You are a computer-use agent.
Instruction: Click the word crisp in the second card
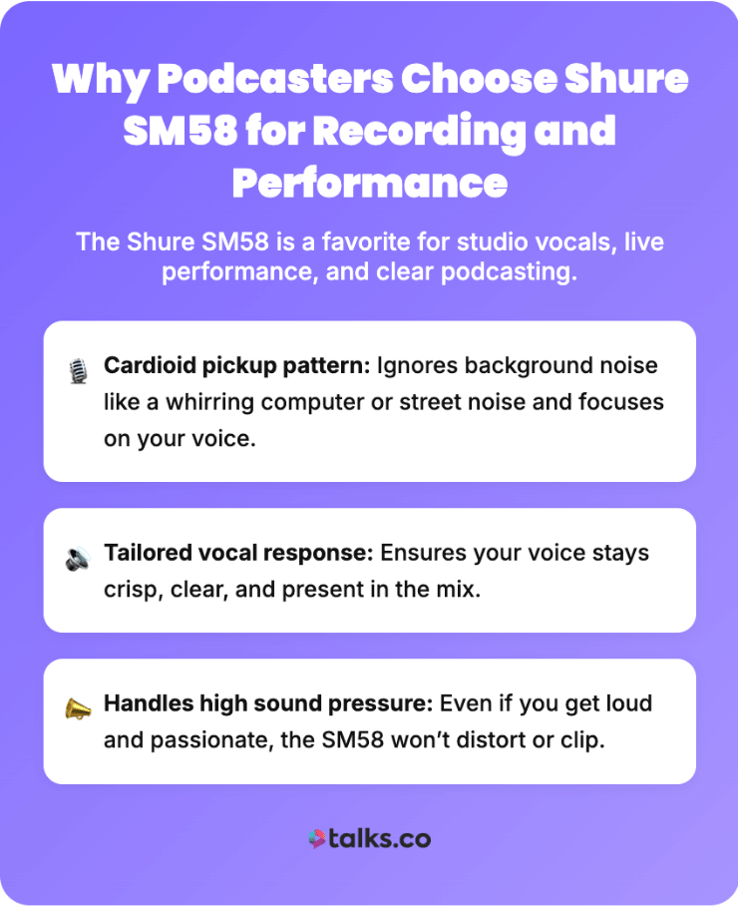click(130, 590)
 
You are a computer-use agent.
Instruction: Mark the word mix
click(462, 590)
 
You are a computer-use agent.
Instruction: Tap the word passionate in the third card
click(204, 740)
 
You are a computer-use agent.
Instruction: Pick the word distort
click(476, 740)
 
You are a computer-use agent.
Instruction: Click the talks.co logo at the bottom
click(369, 839)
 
